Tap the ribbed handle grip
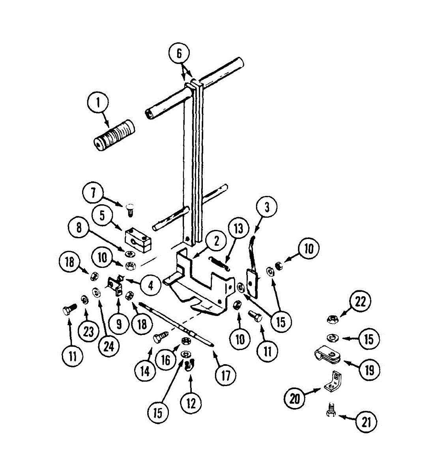pyautogui.click(x=114, y=134)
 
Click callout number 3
pyautogui.click(x=267, y=207)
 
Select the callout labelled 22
pyautogui.click(x=360, y=302)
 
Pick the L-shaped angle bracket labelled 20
pyautogui.click(x=333, y=382)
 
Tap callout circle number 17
pyautogui.click(x=226, y=375)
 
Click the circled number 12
pyautogui.click(x=191, y=403)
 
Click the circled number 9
pyautogui.click(x=119, y=324)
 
